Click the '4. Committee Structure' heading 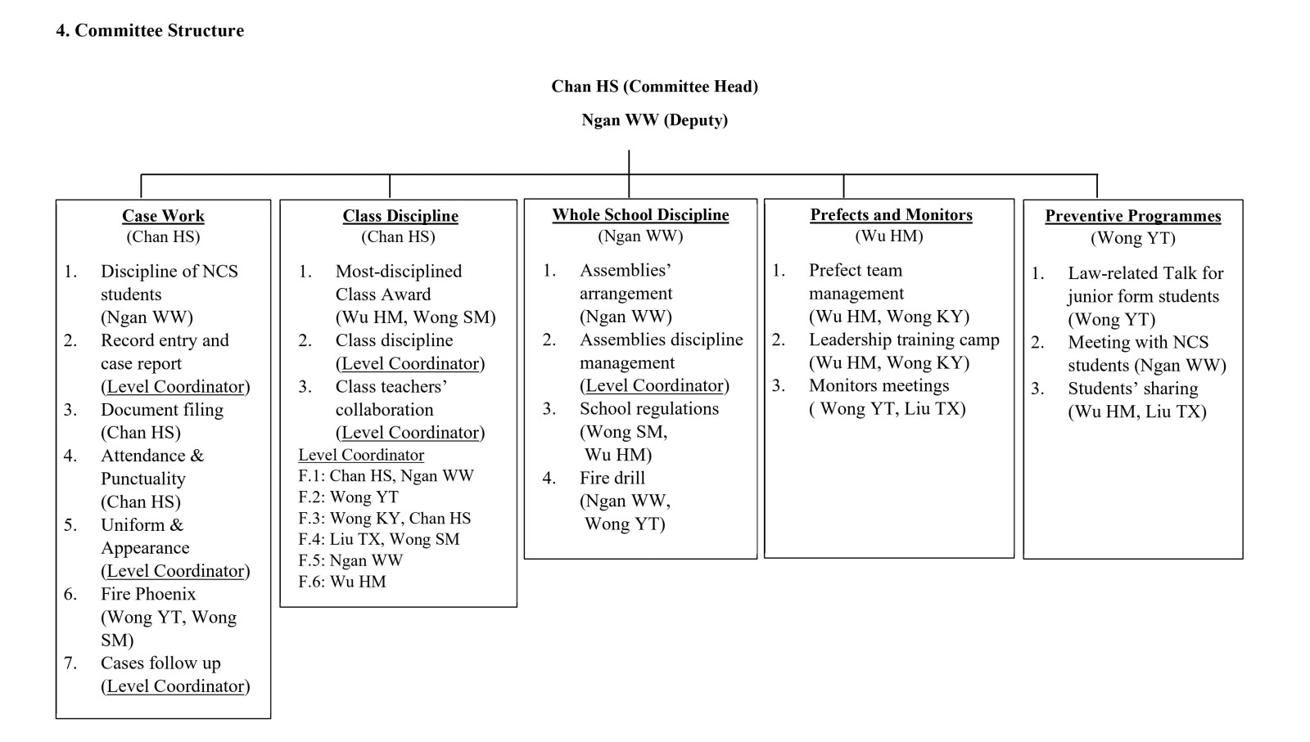[150, 30]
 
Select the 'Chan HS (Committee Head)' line [654, 87]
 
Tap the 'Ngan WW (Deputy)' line [654, 119]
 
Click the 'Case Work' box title [163, 216]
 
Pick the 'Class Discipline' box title [400, 216]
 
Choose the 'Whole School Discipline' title [640, 214]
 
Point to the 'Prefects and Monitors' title [892, 214]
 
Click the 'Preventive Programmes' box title [1133, 216]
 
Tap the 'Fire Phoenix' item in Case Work [148, 594]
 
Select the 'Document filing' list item [162, 410]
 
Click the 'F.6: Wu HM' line [342, 582]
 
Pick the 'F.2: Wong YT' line [349, 497]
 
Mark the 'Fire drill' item [612, 478]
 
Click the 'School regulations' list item [649, 408]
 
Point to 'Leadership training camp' [904, 340]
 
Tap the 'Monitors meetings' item [879, 385]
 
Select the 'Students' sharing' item [1133, 389]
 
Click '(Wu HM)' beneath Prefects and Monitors [889, 236]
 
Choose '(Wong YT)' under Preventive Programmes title [1133, 238]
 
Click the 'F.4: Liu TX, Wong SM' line [379, 538]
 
